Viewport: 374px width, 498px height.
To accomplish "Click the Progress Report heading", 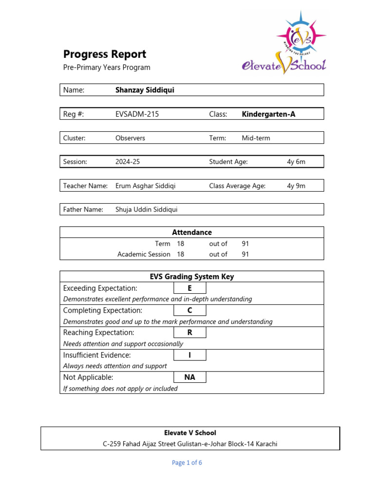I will (105, 54).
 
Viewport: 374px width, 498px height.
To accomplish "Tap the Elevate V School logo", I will (284, 44).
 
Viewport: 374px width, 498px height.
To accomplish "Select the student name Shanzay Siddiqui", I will (145, 90).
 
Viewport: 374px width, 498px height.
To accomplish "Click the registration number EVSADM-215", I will (137, 114).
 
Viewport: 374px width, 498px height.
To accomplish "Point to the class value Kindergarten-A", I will (268, 114).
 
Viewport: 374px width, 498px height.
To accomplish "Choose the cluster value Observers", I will (130, 138).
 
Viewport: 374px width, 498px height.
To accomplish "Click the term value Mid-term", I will (256, 138).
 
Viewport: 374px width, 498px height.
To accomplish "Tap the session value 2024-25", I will (127, 162).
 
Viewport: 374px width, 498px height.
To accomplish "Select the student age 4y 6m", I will (296, 162).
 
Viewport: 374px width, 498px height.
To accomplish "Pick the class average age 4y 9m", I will (296, 186).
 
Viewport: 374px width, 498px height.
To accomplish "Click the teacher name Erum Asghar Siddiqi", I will (146, 186).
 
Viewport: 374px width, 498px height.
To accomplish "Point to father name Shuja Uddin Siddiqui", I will (147, 210).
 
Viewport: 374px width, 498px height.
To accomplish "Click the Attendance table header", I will (192, 232).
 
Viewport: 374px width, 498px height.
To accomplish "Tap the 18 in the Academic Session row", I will (180, 254).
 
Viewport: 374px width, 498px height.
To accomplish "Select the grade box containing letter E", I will (189, 288).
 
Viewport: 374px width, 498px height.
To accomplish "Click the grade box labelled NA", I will (189, 377).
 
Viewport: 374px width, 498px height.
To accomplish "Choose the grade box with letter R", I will (189, 333).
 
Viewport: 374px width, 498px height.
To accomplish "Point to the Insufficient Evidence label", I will (97, 355).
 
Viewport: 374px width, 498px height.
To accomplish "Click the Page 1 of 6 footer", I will (187, 463).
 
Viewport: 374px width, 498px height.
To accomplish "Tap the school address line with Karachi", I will (190, 444).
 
